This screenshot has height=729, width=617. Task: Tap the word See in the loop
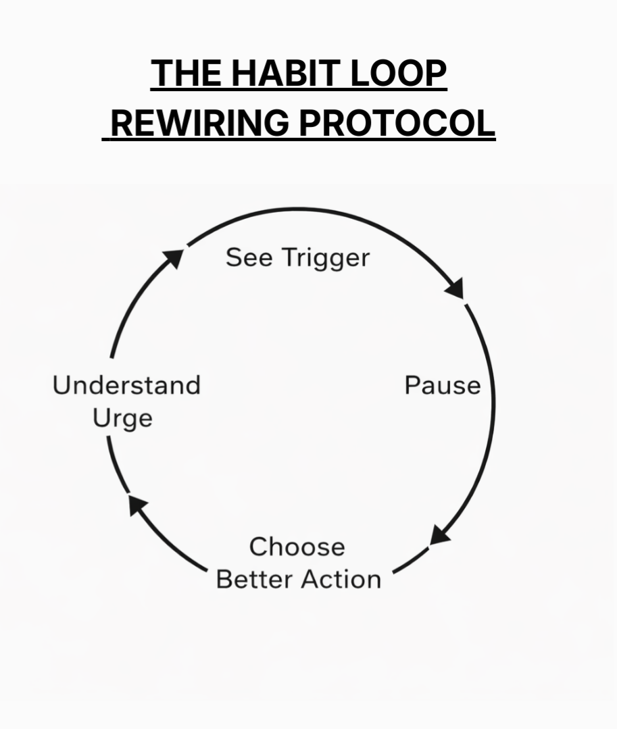pos(249,257)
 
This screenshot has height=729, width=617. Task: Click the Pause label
pos(443,385)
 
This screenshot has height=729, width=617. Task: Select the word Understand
pos(127,385)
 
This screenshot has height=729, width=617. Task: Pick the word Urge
pos(122,419)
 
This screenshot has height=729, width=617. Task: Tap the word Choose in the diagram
pos(297,547)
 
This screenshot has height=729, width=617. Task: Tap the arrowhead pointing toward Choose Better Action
pos(439,535)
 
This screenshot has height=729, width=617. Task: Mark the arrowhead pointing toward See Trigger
pos(174,257)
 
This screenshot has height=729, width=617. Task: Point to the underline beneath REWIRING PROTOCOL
pos(299,139)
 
